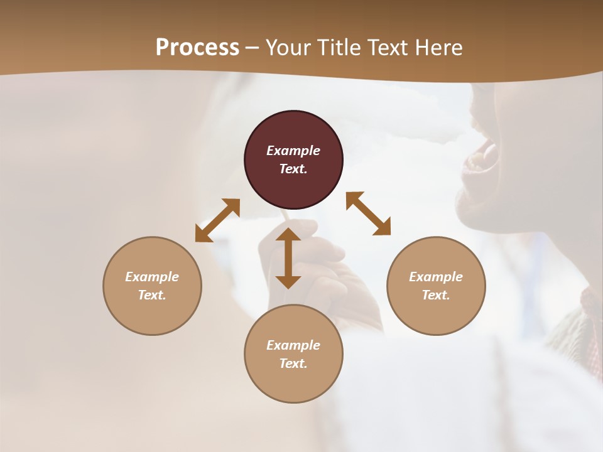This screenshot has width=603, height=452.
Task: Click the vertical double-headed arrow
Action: pos(288,258)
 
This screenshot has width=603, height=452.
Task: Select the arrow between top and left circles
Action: pos(217,220)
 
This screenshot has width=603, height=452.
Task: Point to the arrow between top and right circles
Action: pos(368,213)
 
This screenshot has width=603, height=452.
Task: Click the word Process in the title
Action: pos(197,48)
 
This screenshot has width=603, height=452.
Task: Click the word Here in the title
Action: pos(439,48)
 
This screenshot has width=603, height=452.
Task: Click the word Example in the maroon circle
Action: pos(293,151)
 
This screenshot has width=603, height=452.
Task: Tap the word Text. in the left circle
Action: pos(152,295)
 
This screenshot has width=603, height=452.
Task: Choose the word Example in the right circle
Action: pos(436,277)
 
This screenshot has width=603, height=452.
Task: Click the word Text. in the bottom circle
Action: pos(293,363)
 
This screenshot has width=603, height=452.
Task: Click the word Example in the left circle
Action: pos(152,277)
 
